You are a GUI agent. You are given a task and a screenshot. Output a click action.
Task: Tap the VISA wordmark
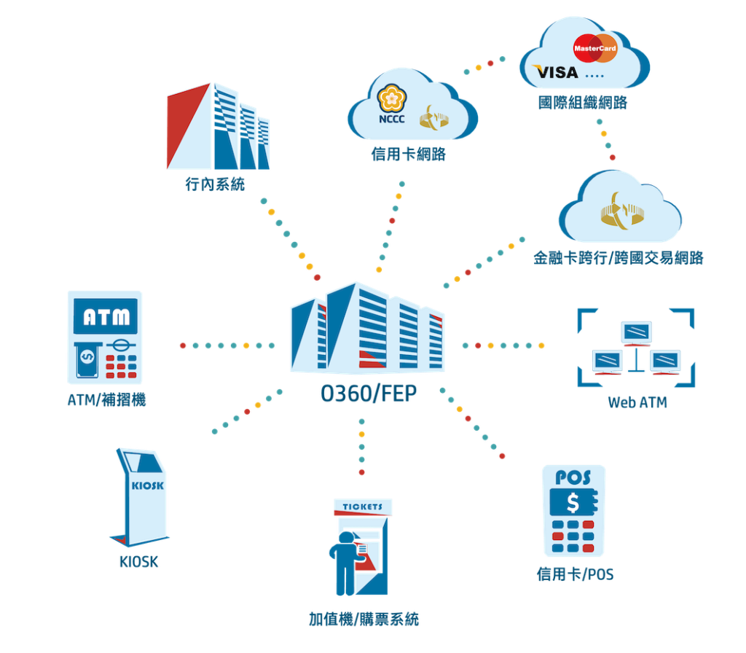click(556, 71)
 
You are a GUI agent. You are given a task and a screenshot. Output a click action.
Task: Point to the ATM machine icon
click(105, 337)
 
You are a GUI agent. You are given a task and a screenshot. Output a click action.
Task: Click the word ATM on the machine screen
click(105, 317)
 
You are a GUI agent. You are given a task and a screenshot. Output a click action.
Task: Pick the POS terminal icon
click(574, 510)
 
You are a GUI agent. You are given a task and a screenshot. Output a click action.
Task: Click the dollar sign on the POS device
click(573, 503)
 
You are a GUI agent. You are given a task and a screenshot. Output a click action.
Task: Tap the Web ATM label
click(637, 402)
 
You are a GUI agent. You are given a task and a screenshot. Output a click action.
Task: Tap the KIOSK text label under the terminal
click(138, 562)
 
